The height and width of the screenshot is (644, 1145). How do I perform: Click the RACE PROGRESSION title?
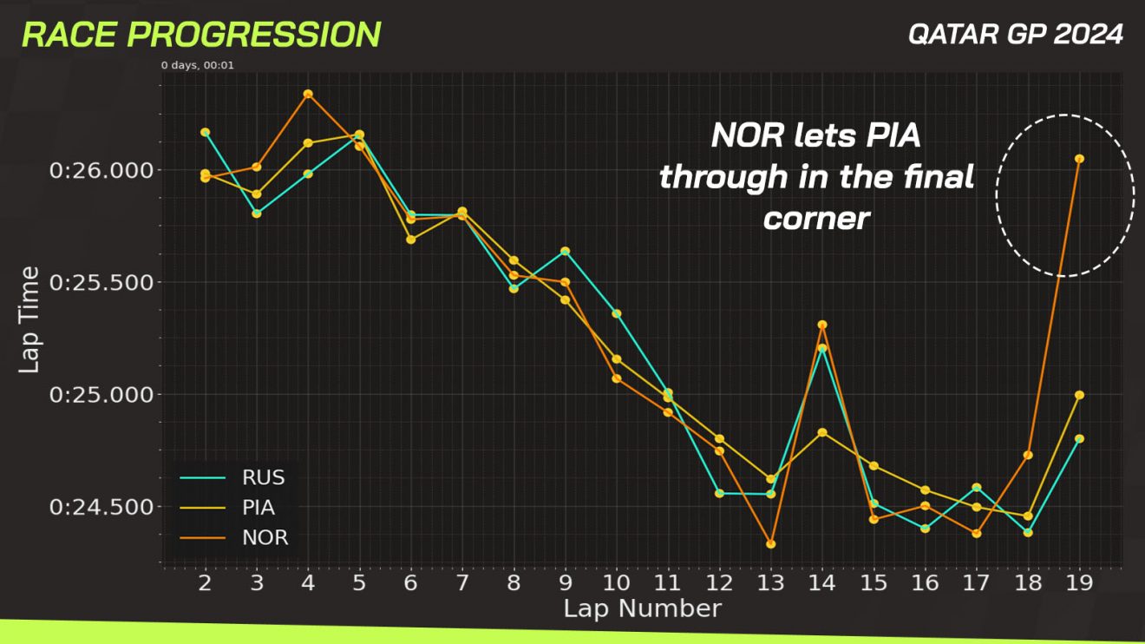point(201,35)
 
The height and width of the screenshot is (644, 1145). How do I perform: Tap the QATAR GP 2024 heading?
point(1016,35)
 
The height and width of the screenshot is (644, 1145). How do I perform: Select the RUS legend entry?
point(264,477)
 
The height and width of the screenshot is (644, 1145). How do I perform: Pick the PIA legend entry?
point(259,508)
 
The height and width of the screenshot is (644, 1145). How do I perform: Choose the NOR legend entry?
point(265,538)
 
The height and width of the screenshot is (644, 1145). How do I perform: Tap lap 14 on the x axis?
point(821,582)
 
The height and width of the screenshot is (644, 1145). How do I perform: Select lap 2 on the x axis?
point(206,582)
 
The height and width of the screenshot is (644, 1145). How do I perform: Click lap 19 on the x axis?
point(1079,582)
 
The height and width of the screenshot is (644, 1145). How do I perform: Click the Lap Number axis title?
point(642,608)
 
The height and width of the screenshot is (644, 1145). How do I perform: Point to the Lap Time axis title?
point(29,319)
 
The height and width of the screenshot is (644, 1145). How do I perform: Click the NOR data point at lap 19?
point(1079,159)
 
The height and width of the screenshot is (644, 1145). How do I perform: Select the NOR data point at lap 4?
point(308,94)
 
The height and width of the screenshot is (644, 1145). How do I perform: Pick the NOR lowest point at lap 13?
point(770,544)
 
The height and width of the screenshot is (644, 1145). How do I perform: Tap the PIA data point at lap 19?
point(1079,395)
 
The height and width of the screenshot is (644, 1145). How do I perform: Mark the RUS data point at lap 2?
point(206,132)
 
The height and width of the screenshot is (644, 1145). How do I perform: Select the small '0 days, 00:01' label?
point(198,65)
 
